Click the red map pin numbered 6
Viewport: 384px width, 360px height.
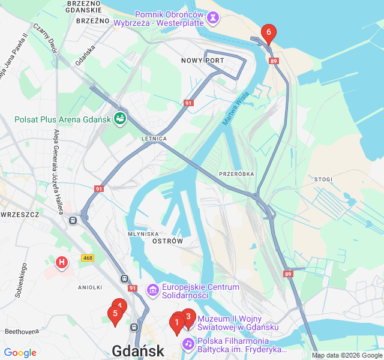tap(269, 33)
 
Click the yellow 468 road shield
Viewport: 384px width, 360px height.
tap(88, 258)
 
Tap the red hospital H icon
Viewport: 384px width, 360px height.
tap(61, 262)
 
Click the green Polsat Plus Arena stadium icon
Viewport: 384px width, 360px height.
tap(120, 119)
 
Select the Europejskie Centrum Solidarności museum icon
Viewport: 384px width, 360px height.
tap(152, 291)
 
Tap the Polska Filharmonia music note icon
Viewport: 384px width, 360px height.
tap(188, 344)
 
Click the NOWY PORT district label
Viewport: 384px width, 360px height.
tap(202, 61)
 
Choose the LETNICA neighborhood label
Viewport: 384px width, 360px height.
tap(154, 138)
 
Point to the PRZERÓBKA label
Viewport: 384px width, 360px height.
tap(236, 173)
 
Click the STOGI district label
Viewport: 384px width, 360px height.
tap(323, 179)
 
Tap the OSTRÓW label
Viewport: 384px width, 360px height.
tap(168, 241)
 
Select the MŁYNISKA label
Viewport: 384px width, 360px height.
tap(143, 233)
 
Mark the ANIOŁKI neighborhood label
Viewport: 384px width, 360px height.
tap(90, 287)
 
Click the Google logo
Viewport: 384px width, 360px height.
tap(20, 353)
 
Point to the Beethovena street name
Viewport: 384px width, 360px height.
tap(22, 331)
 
